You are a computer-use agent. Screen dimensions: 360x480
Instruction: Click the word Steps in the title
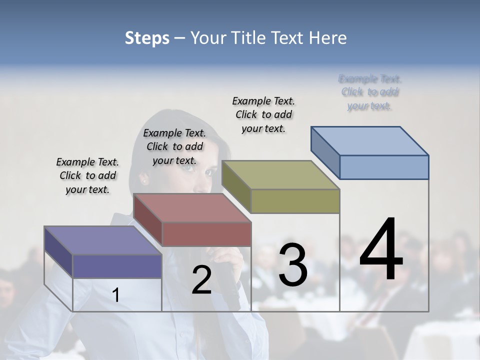pos(147,38)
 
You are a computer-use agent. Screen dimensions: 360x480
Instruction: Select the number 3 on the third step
pos(292,264)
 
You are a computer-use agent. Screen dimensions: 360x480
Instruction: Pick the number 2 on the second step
pos(201,280)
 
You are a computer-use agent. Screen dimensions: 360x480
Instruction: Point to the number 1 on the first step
pos(116,295)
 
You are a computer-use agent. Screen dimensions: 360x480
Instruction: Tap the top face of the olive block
pos(280,174)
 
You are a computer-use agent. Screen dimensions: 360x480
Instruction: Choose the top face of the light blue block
pos(369,140)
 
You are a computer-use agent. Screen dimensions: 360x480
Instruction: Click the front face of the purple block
pos(117,266)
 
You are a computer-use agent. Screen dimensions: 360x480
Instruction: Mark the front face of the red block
pos(206,233)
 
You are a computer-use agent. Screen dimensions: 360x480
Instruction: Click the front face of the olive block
pos(295,201)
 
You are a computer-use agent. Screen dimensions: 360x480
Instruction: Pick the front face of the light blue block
pos(384,167)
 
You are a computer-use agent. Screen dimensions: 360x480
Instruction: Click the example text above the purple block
pos(87,176)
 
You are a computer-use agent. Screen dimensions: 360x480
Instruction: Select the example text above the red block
pos(174,146)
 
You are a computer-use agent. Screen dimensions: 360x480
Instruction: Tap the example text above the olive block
pos(263,114)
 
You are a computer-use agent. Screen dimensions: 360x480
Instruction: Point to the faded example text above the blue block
pos(370,92)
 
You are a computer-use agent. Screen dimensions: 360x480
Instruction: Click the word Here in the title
pos(329,38)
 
